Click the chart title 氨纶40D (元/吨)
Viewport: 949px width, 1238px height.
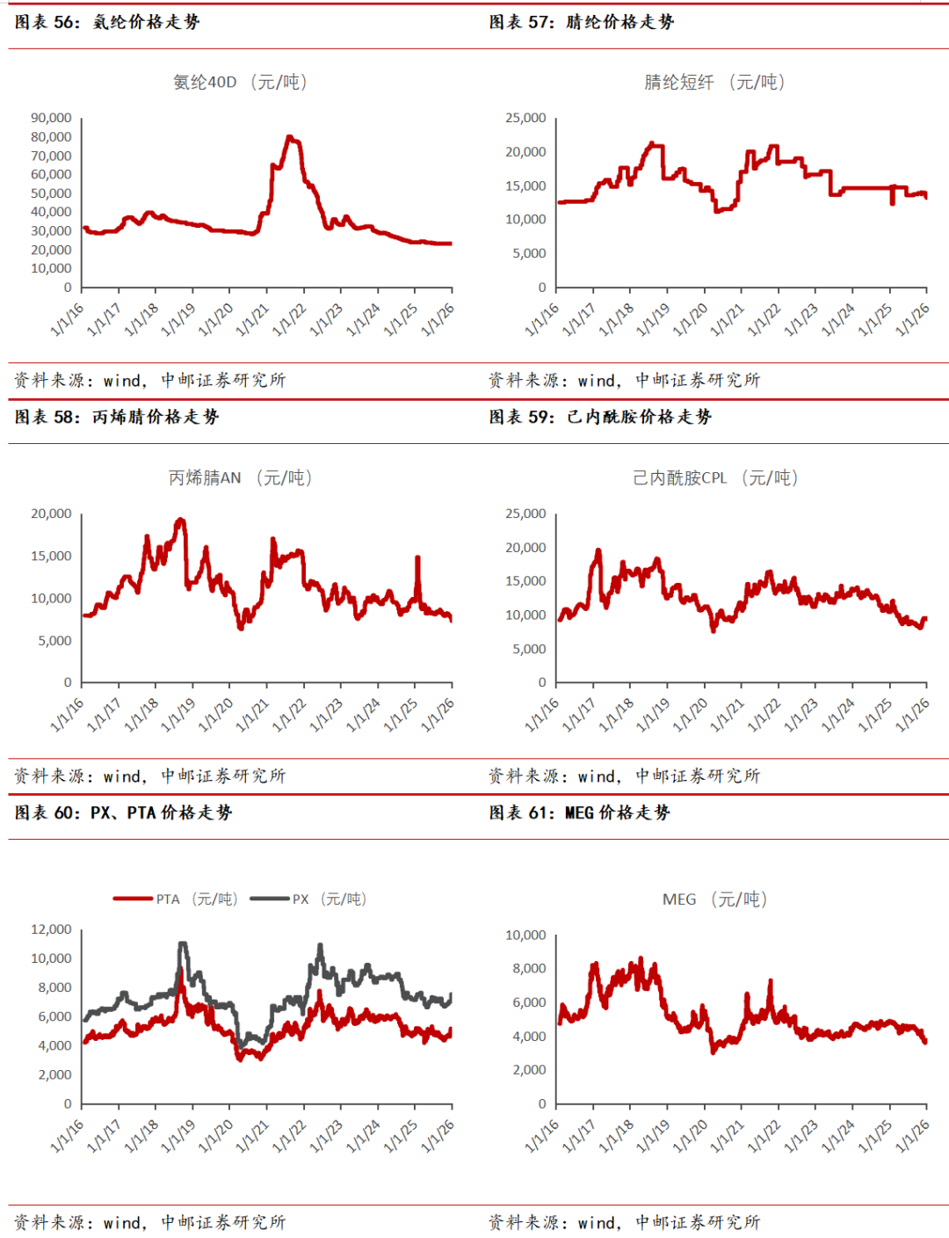pyautogui.click(x=240, y=83)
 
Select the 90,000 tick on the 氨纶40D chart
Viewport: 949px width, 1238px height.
pyautogui.click(x=51, y=118)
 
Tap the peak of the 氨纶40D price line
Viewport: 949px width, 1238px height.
pyautogui.click(x=289, y=137)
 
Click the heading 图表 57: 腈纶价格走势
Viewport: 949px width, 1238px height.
pyautogui.click(x=582, y=22)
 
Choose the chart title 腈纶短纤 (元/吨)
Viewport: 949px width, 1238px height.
pyautogui.click(x=714, y=83)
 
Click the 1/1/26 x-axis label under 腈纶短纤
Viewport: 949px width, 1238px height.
pyautogui.click(x=913, y=319)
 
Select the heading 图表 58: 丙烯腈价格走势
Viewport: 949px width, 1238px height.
pyautogui.click(x=117, y=417)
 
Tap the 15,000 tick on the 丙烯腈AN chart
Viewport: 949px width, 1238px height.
pyautogui.click(x=51, y=556)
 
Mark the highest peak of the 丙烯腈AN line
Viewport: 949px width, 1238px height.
pyautogui.click(x=181, y=520)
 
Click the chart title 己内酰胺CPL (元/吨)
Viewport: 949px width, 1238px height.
pyautogui.click(x=715, y=478)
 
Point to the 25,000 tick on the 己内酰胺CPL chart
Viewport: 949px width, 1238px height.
pyautogui.click(x=525, y=513)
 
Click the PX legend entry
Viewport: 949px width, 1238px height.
pyautogui.click(x=308, y=899)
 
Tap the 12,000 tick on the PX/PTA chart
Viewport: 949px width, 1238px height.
pyautogui.click(x=51, y=929)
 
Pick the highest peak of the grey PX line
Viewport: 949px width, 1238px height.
pyautogui.click(x=183, y=943)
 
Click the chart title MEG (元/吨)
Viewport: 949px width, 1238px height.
pyautogui.click(x=714, y=899)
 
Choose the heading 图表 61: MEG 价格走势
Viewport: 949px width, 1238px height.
pyautogui.click(x=580, y=812)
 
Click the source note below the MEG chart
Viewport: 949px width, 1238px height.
pyautogui.click(x=624, y=1222)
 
